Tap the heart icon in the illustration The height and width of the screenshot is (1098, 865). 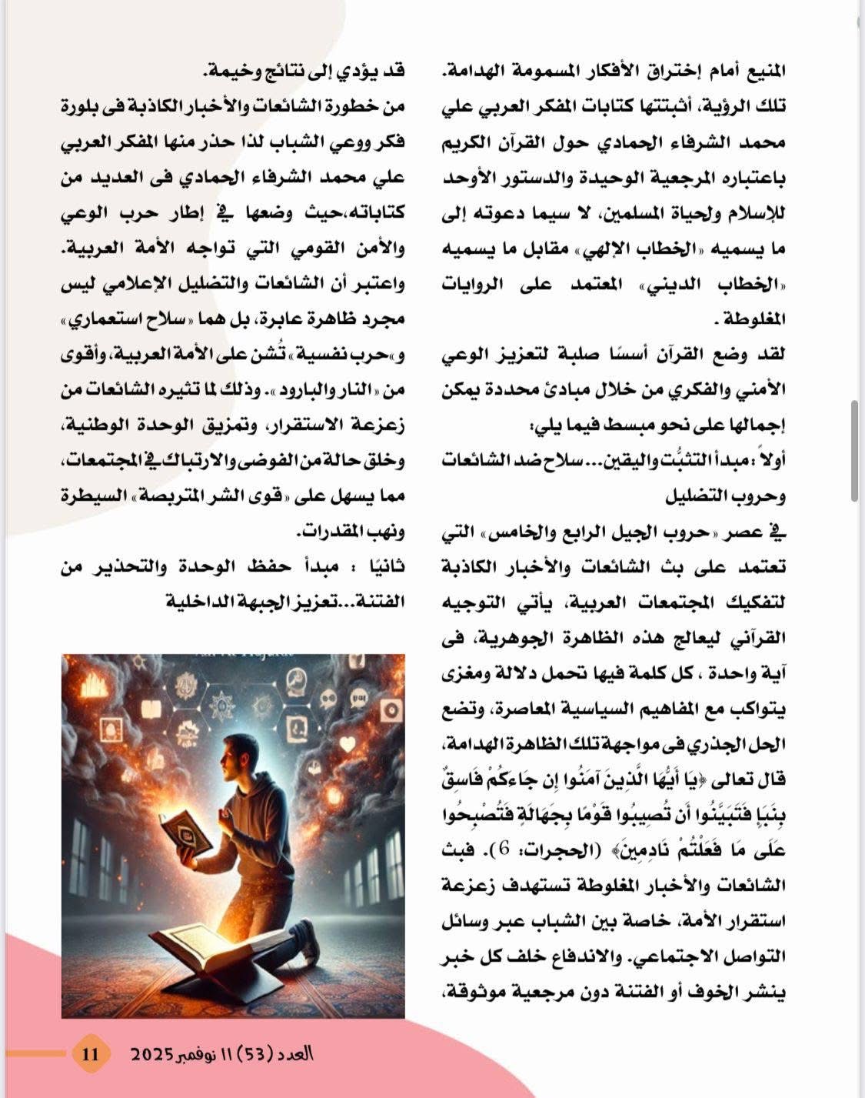coord(347,745)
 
